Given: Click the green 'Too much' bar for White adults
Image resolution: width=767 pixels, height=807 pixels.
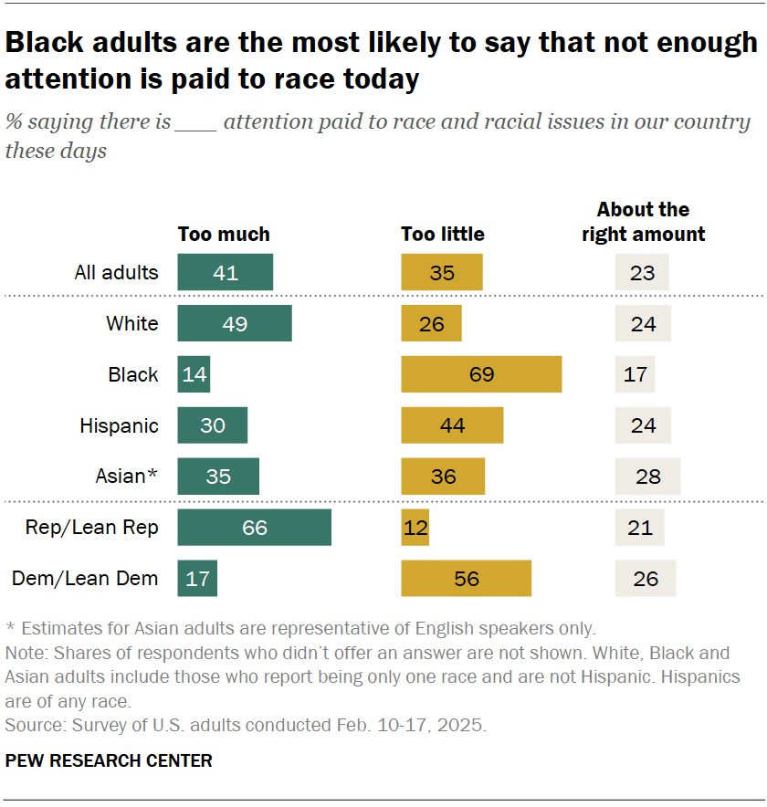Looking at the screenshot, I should [x=235, y=323].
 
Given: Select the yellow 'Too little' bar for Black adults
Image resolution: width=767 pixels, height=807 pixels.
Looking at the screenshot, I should [x=481, y=374].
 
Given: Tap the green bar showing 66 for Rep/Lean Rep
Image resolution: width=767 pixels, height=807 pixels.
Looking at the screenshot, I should [x=254, y=528].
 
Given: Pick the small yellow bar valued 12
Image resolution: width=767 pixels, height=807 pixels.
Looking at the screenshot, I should [x=415, y=528].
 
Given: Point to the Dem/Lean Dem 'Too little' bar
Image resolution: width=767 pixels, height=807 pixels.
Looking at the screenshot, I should [x=466, y=578].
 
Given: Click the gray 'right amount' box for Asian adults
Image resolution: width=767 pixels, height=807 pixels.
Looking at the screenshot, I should [x=647, y=477].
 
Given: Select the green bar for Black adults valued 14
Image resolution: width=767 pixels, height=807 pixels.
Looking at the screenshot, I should [x=194, y=374].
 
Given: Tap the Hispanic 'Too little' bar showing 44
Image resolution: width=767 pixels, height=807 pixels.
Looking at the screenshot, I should [x=452, y=425].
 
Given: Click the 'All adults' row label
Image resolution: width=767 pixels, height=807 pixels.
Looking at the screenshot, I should [x=116, y=272].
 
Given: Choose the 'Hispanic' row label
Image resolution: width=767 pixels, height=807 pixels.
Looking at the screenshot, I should [x=119, y=425].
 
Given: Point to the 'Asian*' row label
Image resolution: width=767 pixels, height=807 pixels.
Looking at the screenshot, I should [x=127, y=477].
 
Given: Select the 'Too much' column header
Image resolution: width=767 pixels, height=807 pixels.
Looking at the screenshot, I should [x=224, y=235].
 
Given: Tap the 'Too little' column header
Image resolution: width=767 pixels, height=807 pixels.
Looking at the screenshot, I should [x=443, y=235].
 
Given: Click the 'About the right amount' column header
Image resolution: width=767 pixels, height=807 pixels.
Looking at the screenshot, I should [x=644, y=222].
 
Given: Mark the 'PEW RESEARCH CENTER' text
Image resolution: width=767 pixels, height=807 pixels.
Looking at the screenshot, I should [x=109, y=760].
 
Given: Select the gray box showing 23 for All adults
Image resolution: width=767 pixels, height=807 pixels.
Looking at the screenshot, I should [x=642, y=272].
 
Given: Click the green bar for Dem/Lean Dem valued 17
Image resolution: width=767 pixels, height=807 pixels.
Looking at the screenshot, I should [x=197, y=578].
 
